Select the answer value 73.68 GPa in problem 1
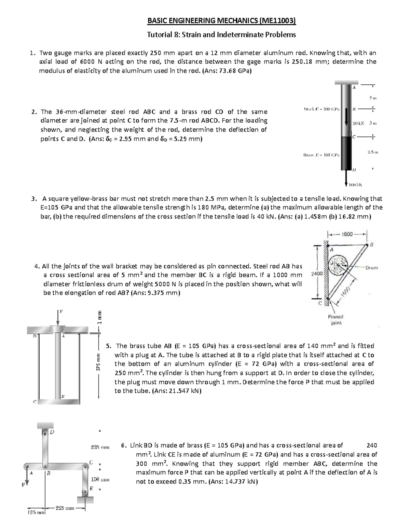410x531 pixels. coord(233,71)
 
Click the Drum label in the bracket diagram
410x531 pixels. coord(372,267)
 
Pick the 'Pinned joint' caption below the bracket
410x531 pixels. coord(336,320)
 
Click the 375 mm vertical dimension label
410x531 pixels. coord(98,362)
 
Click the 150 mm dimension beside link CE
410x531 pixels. coord(100,480)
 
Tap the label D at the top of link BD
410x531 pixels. coord(52,432)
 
